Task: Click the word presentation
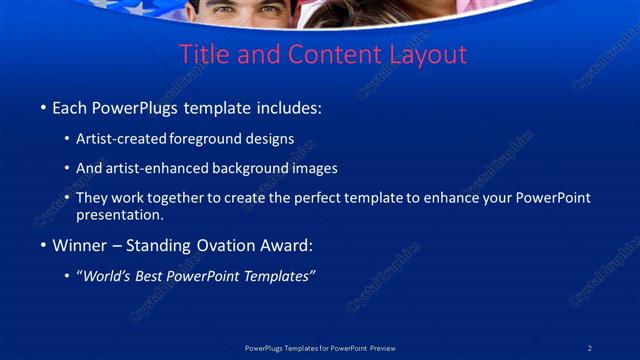(x=119, y=214)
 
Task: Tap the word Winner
(x=79, y=245)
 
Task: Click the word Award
(x=288, y=245)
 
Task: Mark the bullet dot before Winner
(x=43, y=246)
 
